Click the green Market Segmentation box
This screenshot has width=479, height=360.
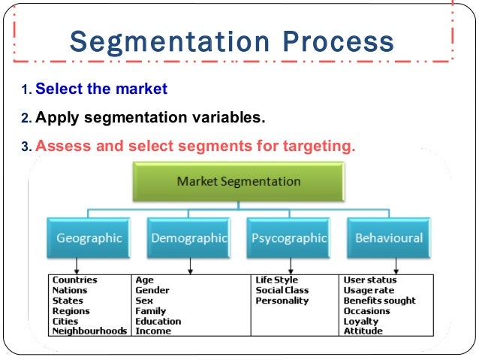238,182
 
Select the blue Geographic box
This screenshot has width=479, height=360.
89,238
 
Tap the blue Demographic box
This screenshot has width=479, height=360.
188,238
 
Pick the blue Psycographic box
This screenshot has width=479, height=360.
289,238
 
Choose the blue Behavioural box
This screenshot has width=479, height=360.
389,238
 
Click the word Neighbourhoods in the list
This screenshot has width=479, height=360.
89,331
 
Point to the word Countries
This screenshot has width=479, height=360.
74,280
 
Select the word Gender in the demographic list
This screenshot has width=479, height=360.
152,290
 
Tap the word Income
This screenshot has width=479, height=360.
153,331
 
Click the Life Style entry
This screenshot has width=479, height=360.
276,280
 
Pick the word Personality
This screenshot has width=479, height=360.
282,301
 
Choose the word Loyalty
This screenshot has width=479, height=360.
361,321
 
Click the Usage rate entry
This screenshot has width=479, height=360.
369,290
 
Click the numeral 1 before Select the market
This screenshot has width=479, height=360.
25,91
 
